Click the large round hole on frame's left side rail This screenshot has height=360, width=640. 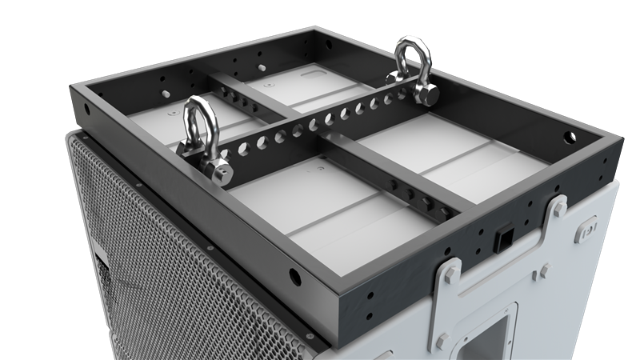(295, 278)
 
